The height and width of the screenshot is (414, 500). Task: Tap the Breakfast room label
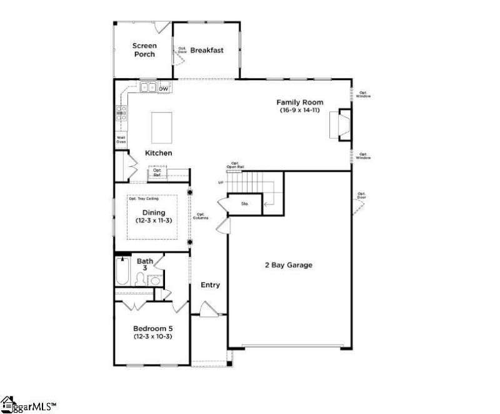coord(207,50)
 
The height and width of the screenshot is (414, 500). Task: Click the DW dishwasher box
coord(163,89)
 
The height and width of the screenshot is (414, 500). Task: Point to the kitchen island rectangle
coord(161,127)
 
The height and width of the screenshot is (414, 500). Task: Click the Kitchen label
coord(159,153)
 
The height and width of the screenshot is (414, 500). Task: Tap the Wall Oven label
coord(121,140)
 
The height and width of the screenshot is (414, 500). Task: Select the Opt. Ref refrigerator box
coord(157,172)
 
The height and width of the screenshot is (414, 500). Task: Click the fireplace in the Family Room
coord(343,124)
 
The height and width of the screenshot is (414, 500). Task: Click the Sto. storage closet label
coord(245,203)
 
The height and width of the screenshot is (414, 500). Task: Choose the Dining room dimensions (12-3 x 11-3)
coord(153,221)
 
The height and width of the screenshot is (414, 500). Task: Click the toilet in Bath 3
coord(155,280)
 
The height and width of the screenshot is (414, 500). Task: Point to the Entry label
coord(210,285)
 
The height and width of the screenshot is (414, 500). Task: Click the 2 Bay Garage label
coord(287,265)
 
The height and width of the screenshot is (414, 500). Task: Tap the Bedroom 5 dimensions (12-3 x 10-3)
coord(152,336)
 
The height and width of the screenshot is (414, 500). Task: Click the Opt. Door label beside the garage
coord(361,195)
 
